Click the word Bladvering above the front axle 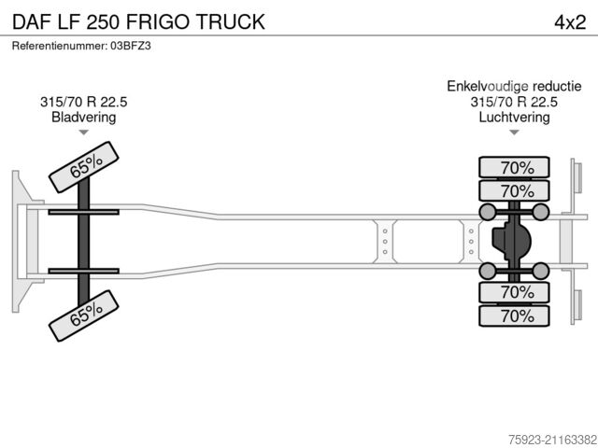(84, 118)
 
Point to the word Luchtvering (514, 118)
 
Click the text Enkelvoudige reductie (514, 87)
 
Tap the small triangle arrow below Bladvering (83, 133)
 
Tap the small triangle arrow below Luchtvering (514, 133)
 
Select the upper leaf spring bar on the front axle (84, 213)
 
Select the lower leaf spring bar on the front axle (84, 271)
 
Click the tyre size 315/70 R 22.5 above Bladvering (84, 102)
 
